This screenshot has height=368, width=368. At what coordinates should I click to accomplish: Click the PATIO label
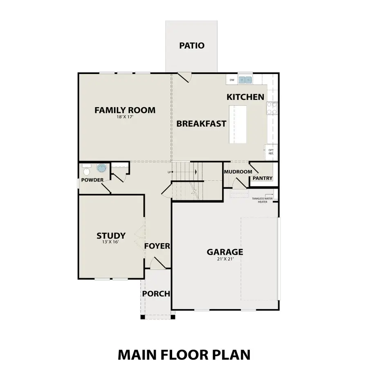[191, 45]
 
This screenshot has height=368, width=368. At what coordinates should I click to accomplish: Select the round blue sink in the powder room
[101, 168]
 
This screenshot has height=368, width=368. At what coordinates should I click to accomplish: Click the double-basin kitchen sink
[245, 80]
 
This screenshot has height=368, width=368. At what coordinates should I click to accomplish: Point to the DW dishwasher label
[232, 80]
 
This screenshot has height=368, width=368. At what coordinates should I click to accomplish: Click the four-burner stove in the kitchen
[272, 108]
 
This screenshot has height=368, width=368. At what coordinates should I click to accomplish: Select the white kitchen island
[238, 124]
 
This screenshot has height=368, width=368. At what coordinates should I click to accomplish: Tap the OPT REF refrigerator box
[271, 152]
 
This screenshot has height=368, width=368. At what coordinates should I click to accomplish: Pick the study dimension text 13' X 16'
[111, 242]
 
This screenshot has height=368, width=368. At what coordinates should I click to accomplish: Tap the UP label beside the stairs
[169, 172]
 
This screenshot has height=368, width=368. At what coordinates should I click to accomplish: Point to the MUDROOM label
[238, 172]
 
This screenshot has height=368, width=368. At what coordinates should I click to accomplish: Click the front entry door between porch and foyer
[157, 264]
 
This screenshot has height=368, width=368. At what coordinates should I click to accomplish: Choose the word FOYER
[157, 246]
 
